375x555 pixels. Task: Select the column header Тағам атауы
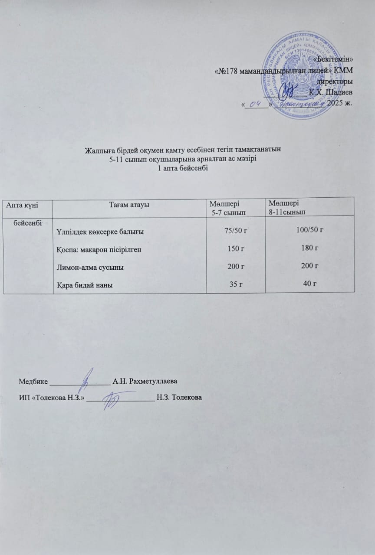pos(129,204)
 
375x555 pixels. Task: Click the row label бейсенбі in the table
pos(27,223)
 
